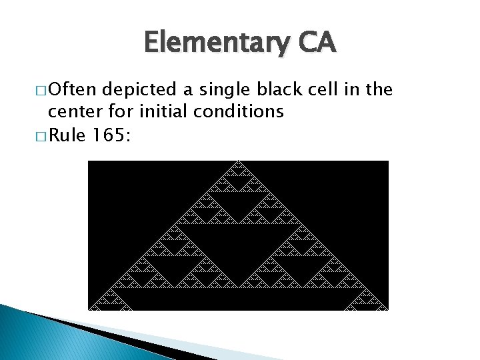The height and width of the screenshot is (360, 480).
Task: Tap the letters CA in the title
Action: pos(317,43)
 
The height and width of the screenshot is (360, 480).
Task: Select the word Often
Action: pos(73,89)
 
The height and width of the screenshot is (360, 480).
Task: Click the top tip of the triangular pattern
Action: pos(238,162)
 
